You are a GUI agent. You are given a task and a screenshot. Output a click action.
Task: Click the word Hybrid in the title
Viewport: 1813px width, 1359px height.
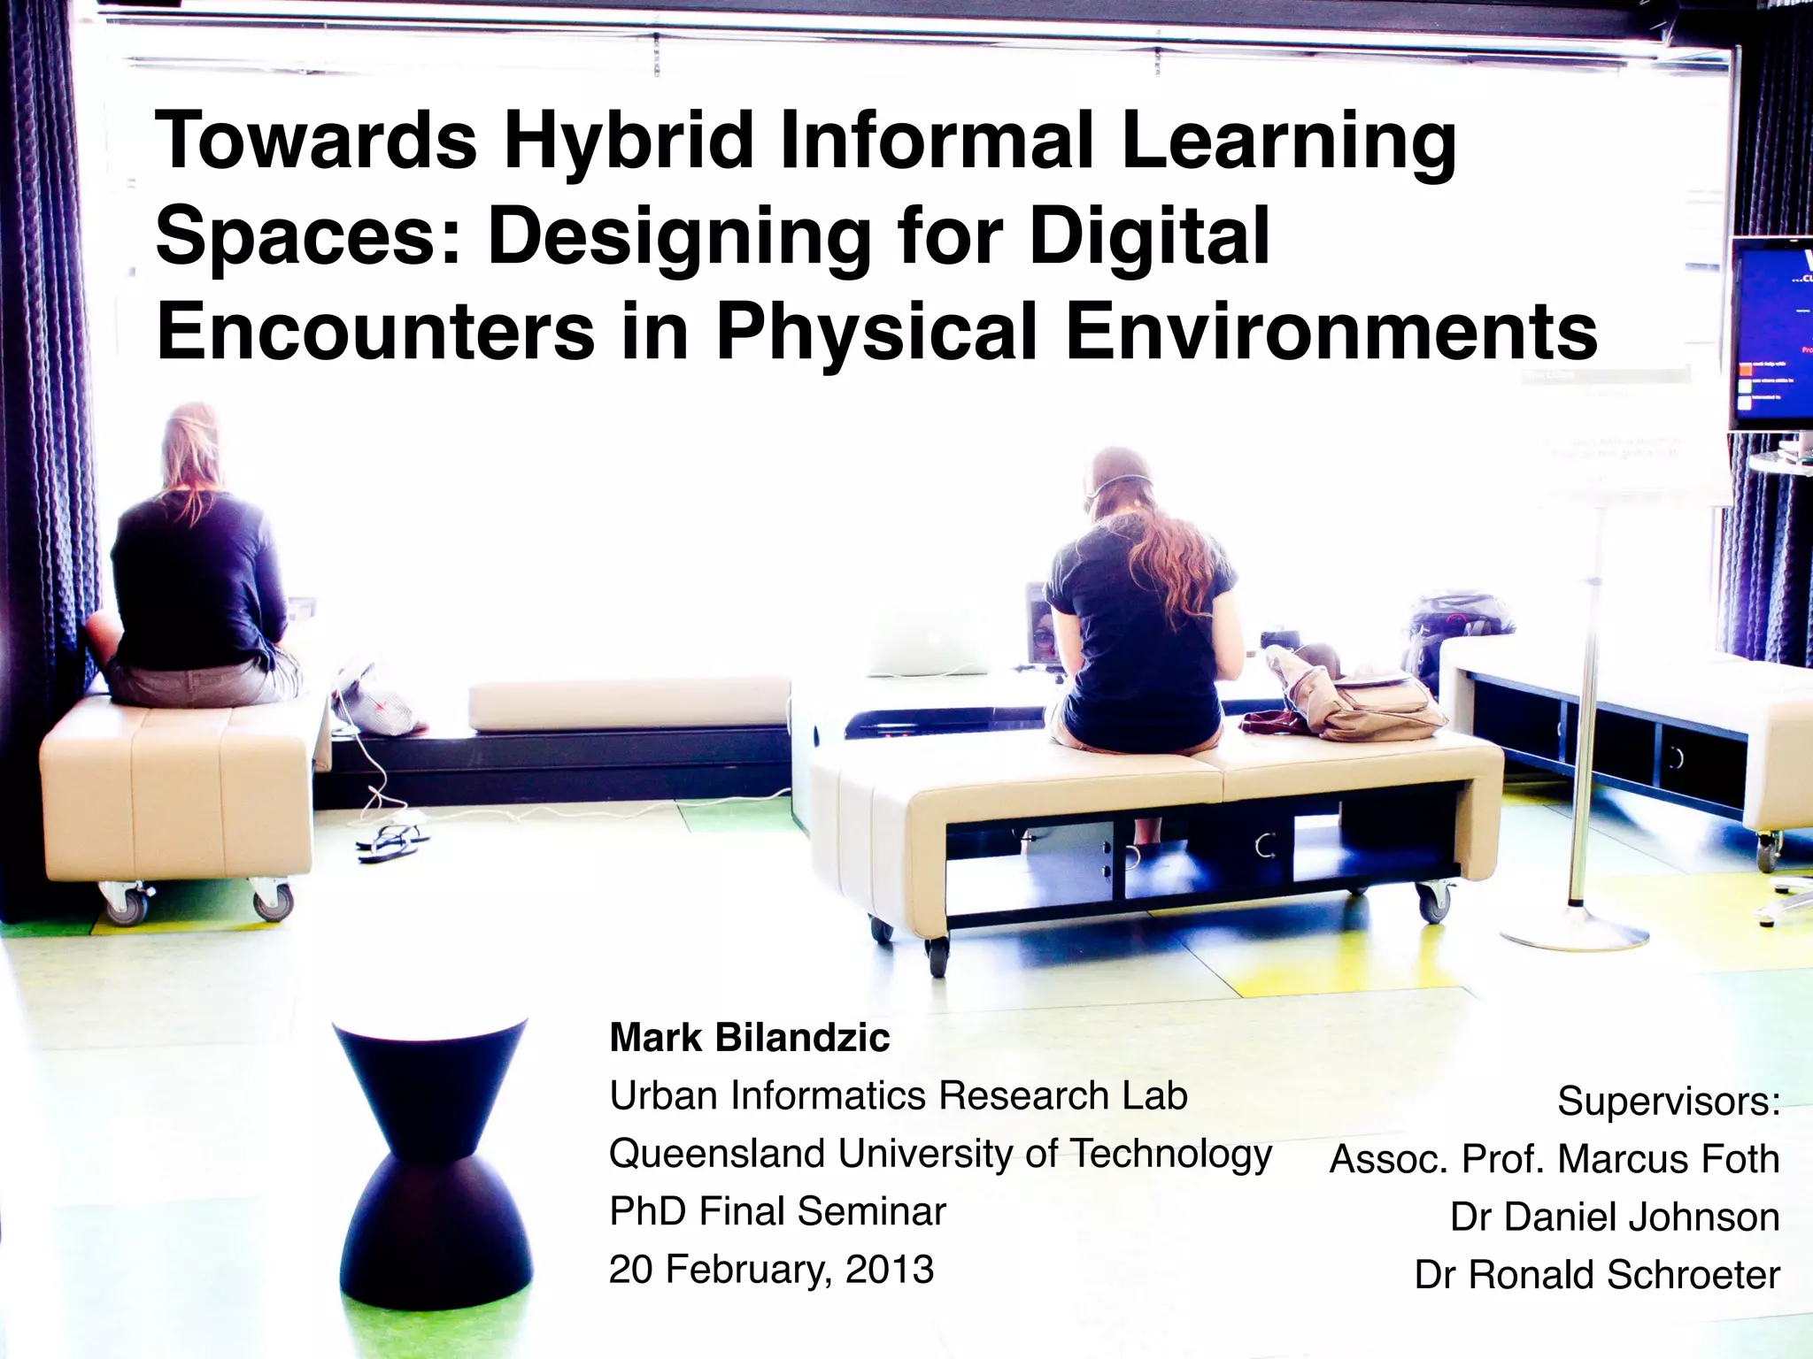point(629,142)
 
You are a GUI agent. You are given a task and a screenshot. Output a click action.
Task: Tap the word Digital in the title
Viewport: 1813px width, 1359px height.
point(1149,236)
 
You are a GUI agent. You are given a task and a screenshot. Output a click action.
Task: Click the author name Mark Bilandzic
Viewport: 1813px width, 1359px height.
point(749,1038)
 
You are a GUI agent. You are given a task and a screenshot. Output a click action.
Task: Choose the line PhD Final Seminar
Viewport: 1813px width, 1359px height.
point(777,1211)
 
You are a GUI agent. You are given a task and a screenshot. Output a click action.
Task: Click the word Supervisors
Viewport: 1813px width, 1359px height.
point(1668,1102)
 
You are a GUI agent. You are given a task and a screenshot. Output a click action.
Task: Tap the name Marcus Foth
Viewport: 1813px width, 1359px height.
point(1668,1159)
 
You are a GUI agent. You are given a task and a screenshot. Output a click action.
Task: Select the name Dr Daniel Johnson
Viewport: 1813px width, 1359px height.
point(1614,1217)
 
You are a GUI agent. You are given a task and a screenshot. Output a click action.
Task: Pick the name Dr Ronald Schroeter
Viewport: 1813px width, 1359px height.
point(1596,1275)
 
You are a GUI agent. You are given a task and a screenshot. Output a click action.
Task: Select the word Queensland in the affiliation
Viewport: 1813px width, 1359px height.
point(717,1154)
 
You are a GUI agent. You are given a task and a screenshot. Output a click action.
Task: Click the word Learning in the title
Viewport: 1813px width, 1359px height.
point(1288,142)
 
